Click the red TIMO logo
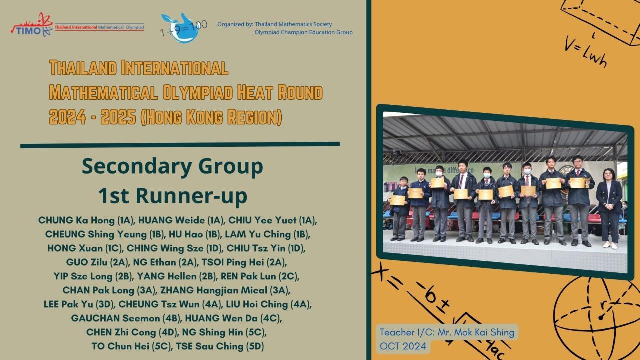[x=32, y=25]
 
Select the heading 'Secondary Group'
[x=172, y=167]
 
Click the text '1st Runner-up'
[x=173, y=195]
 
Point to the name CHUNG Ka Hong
[x=77, y=220]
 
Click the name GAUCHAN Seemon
[x=115, y=318]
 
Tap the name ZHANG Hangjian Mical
[x=213, y=290]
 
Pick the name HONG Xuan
[x=75, y=248]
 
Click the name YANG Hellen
[x=167, y=276]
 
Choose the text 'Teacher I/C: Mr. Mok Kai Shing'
[x=447, y=332]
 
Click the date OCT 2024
[x=403, y=346]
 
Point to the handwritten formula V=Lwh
[x=585, y=54]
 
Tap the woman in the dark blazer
[x=609, y=208]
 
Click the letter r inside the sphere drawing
[x=603, y=304]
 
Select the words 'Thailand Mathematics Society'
[x=293, y=24]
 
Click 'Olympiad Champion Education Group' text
[x=303, y=32]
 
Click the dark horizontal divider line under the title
[x=180, y=145]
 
